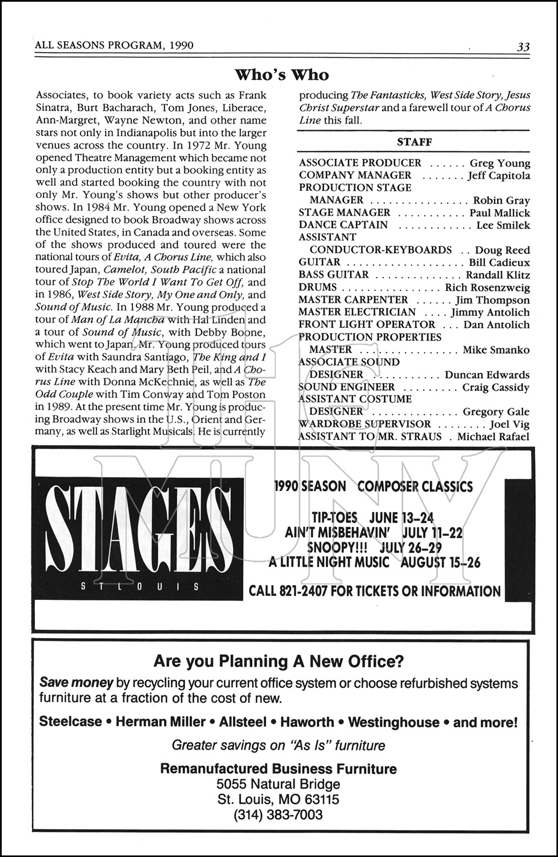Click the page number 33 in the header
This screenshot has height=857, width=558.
click(523, 47)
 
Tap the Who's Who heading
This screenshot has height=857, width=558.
click(282, 75)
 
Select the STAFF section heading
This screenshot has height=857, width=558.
click(414, 142)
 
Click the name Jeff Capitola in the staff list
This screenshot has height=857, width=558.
click(499, 175)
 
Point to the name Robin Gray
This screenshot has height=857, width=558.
click(501, 201)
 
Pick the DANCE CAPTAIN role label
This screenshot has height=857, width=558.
click(343, 225)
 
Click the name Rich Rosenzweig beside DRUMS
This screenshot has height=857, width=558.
click(487, 287)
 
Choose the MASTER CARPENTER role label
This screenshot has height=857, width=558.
click(353, 300)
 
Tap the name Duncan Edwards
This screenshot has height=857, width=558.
click(487, 375)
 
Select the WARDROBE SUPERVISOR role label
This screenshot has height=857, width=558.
click(364, 424)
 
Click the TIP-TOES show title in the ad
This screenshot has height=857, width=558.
click(335, 518)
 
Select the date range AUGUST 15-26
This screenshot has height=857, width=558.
click(440, 562)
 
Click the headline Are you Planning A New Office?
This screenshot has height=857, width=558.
click(279, 662)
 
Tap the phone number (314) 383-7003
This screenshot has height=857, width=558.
click(278, 815)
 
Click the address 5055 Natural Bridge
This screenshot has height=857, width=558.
click(278, 784)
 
